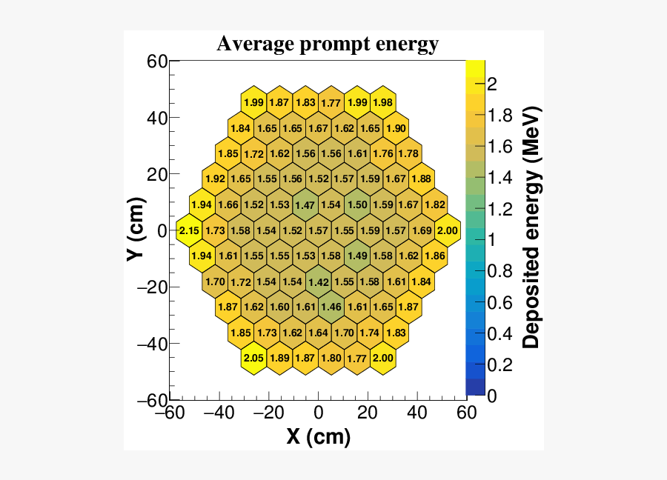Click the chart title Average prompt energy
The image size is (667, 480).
click(328, 44)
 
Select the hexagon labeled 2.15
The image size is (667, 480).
click(189, 231)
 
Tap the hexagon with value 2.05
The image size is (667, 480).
click(253, 359)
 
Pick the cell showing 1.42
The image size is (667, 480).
click(319, 282)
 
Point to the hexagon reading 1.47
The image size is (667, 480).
click(305, 205)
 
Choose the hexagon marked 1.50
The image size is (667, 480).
click(357, 205)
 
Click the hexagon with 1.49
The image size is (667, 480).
click(357, 256)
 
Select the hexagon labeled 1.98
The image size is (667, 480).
click(383, 102)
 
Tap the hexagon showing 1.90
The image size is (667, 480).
click(396, 128)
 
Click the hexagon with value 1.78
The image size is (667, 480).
click(409, 154)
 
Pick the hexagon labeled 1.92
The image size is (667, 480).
click(215, 179)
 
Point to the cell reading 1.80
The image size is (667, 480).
click(331, 359)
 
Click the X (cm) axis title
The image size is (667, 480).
click(318, 437)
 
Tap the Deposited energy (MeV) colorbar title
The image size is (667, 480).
click(531, 227)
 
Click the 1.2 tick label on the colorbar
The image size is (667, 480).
click(498, 209)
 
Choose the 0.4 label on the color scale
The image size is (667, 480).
click(498, 334)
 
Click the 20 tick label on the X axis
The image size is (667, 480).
click(368, 412)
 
